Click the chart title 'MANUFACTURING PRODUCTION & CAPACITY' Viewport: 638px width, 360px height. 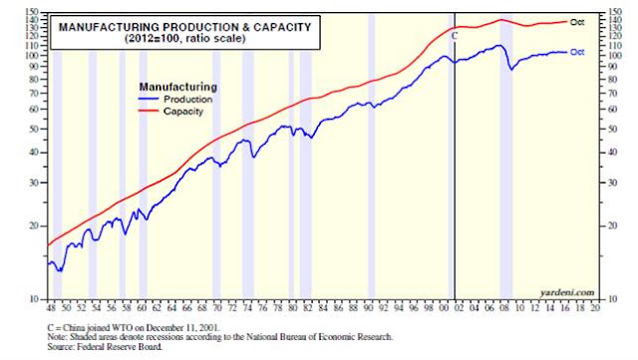[x=184, y=27]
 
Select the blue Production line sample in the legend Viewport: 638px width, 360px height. [x=149, y=99]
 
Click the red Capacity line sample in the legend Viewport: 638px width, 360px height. [x=149, y=111]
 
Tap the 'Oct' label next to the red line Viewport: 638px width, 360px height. [x=577, y=22]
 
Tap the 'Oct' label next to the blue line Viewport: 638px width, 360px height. [x=577, y=52]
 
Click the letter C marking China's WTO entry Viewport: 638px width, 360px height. [x=455, y=36]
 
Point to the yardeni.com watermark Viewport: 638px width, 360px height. [x=567, y=292]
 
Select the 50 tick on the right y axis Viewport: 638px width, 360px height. [x=612, y=129]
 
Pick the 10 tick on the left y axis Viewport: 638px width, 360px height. [x=34, y=299]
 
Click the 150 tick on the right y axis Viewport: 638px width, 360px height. [x=615, y=12]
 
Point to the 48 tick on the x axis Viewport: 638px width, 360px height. [x=51, y=308]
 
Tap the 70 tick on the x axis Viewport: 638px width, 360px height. [x=217, y=308]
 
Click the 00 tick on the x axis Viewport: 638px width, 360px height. [x=444, y=308]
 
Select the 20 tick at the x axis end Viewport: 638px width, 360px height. [x=595, y=308]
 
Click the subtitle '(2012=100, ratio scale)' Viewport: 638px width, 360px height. [x=185, y=39]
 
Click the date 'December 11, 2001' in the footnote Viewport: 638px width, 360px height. [x=182, y=328]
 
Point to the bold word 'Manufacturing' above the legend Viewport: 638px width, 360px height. [x=178, y=87]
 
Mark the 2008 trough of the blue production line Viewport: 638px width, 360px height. [x=511, y=70]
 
